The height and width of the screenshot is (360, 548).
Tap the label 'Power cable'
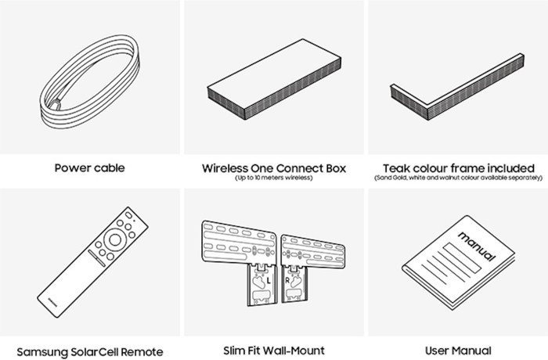tap(90, 167)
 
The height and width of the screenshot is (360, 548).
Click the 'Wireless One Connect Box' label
tap(273, 167)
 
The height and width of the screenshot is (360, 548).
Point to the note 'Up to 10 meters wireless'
tap(273, 178)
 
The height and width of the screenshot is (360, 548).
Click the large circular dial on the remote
tap(116, 238)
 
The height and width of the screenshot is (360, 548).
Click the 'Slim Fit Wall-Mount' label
tap(273, 350)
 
